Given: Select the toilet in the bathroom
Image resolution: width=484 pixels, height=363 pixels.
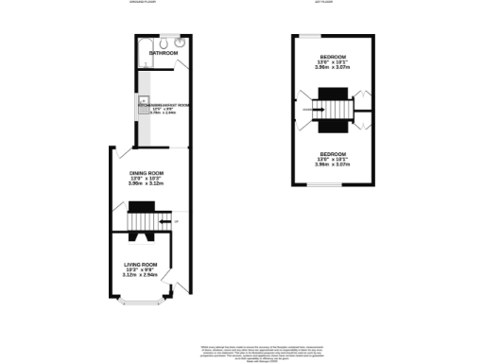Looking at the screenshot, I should tap(164, 43).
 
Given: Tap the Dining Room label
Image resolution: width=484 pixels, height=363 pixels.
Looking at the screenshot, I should tap(147, 173).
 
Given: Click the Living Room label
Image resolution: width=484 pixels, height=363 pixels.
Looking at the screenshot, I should tap(145, 265).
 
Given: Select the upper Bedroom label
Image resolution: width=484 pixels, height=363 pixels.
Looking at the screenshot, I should tap(333, 56).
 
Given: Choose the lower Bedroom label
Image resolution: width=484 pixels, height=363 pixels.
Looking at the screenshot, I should tap(333, 153).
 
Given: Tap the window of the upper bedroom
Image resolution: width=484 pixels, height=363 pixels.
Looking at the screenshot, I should tap(307, 36).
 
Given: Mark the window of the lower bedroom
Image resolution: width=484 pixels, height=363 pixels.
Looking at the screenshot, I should tap(307, 184).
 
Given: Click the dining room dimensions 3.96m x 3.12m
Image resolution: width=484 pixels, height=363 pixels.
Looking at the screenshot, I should tap(147, 185).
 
